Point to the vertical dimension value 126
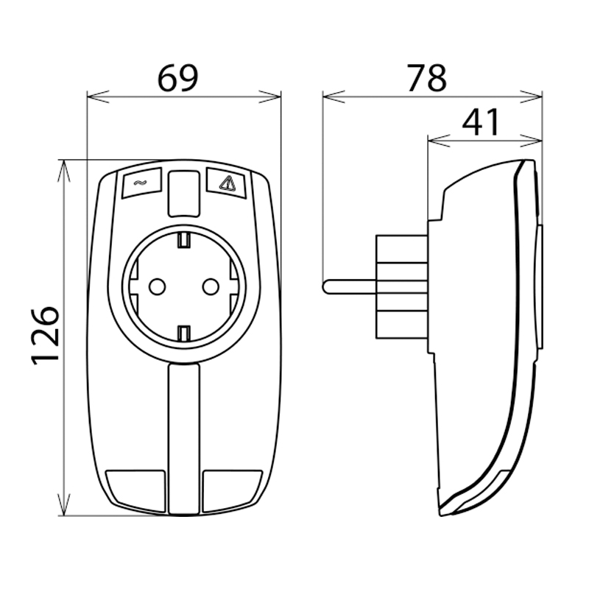(x=46, y=335)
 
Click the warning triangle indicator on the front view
(x=229, y=183)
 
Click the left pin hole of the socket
(x=158, y=286)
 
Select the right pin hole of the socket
(x=211, y=286)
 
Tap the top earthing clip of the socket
(x=184, y=239)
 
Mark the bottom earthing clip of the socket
(x=184, y=333)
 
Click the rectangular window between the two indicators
(x=184, y=193)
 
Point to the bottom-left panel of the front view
(x=138, y=489)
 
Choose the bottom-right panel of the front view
(x=230, y=489)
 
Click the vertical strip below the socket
(x=184, y=434)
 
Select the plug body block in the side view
(x=402, y=283)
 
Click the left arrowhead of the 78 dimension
(x=328, y=95)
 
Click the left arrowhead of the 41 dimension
(x=432, y=139)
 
